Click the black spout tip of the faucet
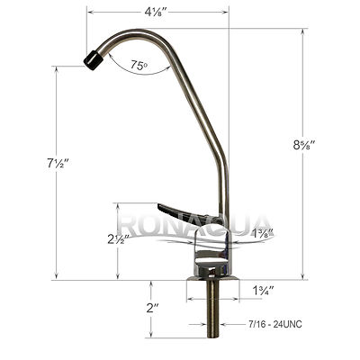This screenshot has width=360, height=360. (91, 60)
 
